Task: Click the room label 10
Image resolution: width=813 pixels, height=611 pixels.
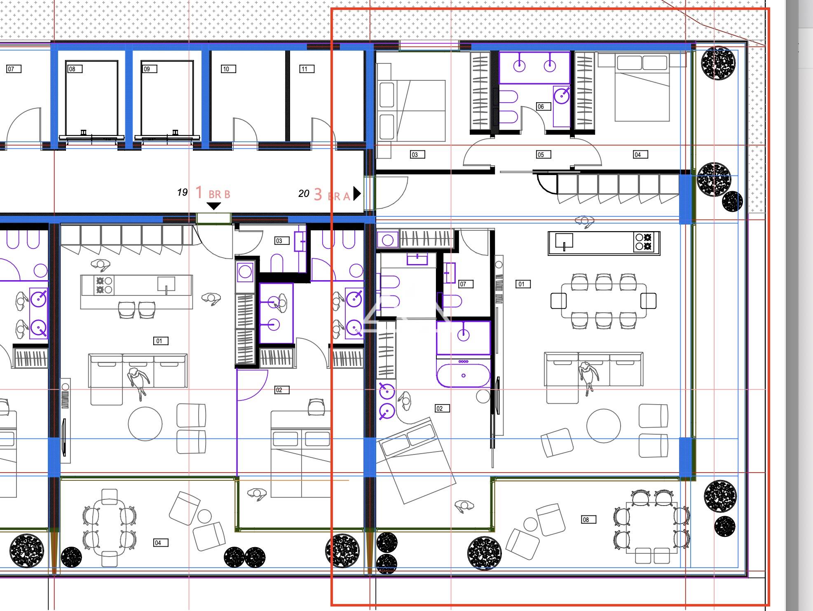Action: (x=228, y=69)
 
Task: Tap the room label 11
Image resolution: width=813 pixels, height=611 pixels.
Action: (x=307, y=69)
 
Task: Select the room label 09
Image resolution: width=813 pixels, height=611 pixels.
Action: (x=150, y=69)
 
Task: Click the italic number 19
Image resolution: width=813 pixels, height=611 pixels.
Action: (x=183, y=192)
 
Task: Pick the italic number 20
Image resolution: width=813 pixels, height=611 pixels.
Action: (x=304, y=194)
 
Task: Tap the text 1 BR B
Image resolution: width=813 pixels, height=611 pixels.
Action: (x=213, y=193)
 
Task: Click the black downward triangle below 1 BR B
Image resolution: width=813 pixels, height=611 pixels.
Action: (x=213, y=206)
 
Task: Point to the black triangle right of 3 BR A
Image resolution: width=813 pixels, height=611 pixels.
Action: (x=357, y=193)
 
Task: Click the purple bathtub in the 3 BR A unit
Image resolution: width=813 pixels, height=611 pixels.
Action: (x=464, y=372)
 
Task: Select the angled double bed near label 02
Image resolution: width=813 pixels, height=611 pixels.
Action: (x=418, y=460)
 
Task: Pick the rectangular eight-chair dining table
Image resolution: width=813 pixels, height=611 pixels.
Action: (x=604, y=301)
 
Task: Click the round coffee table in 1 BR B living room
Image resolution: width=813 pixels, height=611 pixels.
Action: (x=145, y=424)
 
